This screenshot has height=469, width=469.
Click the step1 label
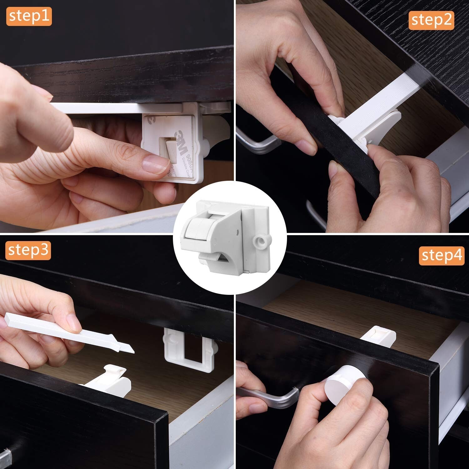point(29,16)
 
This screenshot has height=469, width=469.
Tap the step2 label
point(431,20)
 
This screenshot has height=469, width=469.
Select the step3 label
point(28,250)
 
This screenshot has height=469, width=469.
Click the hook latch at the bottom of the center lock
point(216,259)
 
